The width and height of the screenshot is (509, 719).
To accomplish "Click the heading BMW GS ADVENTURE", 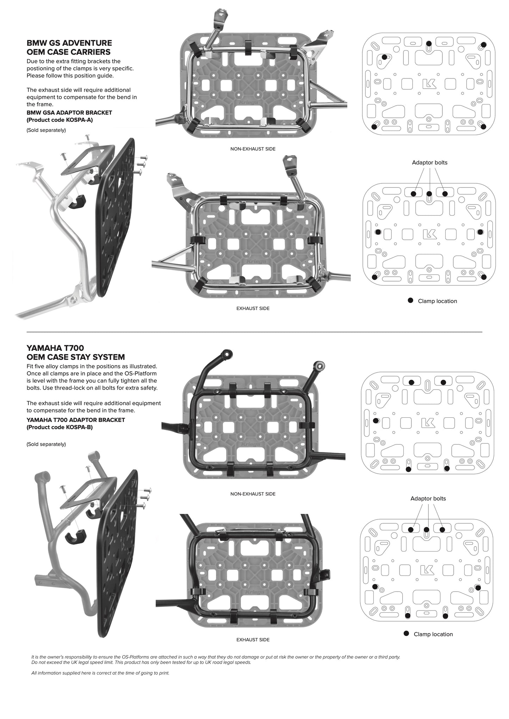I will coord(69,43).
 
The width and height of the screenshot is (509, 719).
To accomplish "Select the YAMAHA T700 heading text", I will coord(55,348).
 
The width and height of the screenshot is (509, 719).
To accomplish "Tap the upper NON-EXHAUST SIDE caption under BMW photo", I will coord(253,149).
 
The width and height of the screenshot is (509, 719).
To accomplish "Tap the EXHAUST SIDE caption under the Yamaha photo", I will coord(253,639).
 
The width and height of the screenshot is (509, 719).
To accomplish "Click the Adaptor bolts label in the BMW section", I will coord(429,163).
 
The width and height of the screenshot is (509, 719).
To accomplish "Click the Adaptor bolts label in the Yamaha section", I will coord(428,498).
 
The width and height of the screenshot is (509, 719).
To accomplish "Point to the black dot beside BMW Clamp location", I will coord(410,301).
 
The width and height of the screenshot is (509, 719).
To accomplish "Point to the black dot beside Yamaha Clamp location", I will coord(406,633).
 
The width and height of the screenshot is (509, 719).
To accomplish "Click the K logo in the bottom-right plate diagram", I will coord(427,570).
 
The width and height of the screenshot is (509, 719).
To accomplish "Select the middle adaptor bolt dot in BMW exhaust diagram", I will coord(429,194).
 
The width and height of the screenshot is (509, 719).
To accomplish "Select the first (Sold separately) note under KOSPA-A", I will coord(46,130).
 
